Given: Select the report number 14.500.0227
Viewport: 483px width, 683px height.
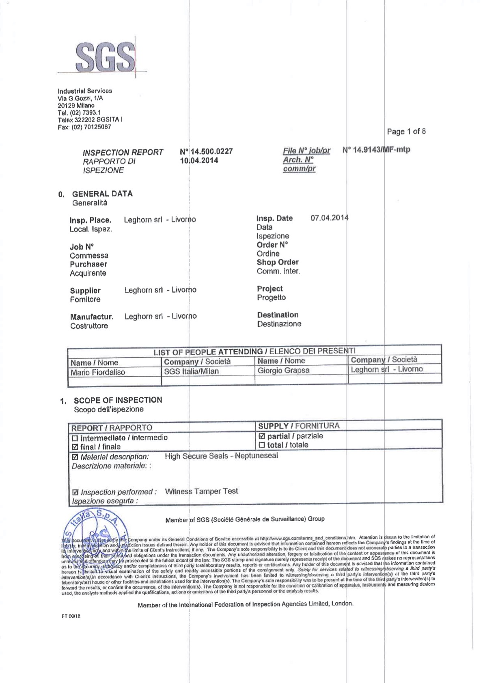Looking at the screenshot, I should [x=207, y=151].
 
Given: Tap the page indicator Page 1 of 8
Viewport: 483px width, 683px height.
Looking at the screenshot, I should [x=406, y=131].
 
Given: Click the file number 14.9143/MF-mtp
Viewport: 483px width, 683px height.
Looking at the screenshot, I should [x=376, y=150].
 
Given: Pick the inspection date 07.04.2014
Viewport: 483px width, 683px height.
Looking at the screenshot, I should [x=329, y=218].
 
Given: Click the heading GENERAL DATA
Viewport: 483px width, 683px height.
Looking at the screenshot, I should [x=102, y=194].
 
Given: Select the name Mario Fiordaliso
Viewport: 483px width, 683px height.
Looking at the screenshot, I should [x=98, y=372].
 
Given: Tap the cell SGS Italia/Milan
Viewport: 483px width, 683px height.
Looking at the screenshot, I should [x=191, y=371].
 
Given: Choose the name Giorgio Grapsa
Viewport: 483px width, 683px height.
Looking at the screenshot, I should [x=283, y=370].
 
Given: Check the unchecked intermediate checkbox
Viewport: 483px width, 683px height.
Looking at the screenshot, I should [x=75, y=438].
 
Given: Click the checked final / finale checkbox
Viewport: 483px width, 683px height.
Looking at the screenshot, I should [x=75, y=447].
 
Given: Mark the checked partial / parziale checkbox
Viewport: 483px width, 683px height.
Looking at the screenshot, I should [x=262, y=437].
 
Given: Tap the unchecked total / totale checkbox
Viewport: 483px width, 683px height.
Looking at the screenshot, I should [x=262, y=445].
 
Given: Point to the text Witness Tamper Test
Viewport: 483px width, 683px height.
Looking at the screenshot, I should [x=201, y=491].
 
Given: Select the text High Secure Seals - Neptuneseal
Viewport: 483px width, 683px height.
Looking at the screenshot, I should [x=221, y=456].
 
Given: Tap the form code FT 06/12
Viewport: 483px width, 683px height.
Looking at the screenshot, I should [x=71, y=616].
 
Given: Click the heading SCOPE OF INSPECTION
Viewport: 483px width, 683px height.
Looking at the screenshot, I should [x=118, y=400].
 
